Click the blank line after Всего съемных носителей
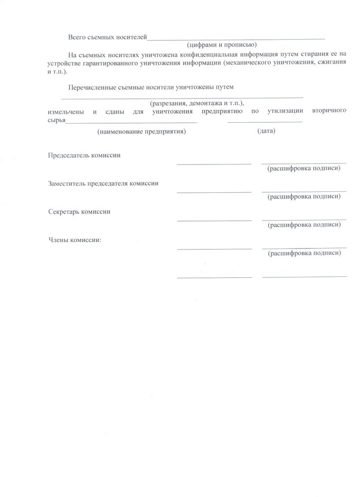click(x=236, y=38)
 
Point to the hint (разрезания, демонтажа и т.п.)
click(x=198, y=103)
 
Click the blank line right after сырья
click(x=132, y=122)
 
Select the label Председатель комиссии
click(x=84, y=155)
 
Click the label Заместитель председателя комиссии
click(x=103, y=183)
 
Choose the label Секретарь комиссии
click(x=79, y=212)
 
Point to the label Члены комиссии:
click(x=75, y=240)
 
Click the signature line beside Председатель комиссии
click(x=214, y=163)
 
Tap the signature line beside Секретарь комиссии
click(x=214, y=220)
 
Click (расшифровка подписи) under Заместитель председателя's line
click(x=304, y=197)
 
